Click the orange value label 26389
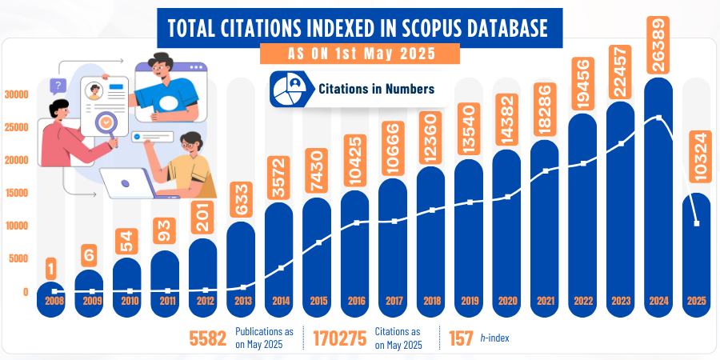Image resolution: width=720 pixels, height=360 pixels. (658, 38)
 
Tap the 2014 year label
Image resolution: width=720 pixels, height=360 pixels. (280, 302)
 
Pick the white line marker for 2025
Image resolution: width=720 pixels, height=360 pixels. (698, 224)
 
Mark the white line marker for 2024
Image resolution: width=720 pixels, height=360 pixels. (658, 118)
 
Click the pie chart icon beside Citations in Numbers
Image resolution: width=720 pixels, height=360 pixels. (289, 88)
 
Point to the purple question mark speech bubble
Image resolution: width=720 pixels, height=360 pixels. (57, 86)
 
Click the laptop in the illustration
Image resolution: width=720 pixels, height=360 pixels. (128, 185)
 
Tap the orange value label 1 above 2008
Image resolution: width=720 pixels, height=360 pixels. (50, 266)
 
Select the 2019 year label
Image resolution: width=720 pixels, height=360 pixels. (470, 302)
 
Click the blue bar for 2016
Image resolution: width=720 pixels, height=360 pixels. (355, 256)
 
